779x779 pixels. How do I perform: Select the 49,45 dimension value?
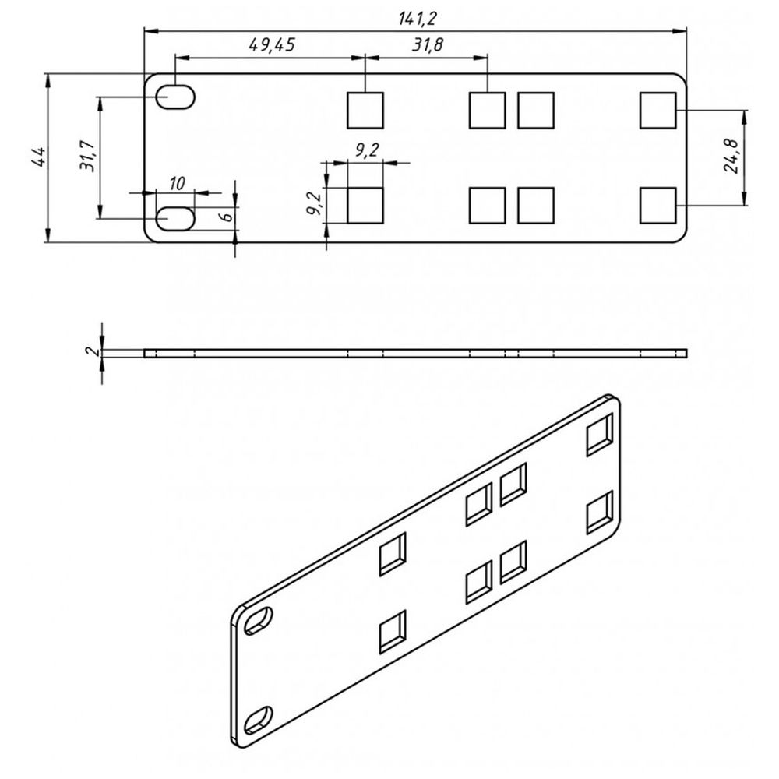click(271, 45)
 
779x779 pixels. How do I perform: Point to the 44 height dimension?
click(36, 157)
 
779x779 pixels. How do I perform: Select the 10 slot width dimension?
click(176, 183)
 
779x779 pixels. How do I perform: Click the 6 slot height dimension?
click(225, 217)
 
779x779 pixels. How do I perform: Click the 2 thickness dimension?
click(93, 352)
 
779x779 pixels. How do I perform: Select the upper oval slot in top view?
click(177, 97)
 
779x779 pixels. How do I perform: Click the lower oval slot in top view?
click(177, 219)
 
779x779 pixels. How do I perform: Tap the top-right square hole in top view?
click(657, 110)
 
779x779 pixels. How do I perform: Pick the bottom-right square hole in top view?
click(657, 206)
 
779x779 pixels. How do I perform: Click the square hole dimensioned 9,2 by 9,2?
click(365, 206)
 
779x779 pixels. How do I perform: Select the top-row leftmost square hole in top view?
click(365, 110)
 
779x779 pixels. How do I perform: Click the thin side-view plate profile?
click(416, 353)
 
